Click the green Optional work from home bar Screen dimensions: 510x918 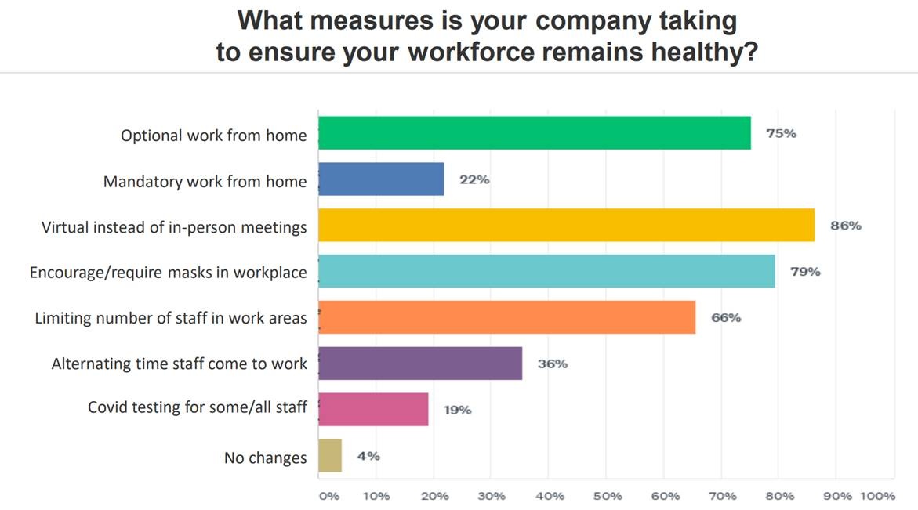click(x=534, y=133)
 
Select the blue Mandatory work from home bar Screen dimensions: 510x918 click(x=381, y=179)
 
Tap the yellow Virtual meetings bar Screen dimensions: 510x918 click(x=566, y=226)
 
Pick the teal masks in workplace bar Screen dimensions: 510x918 click(x=546, y=271)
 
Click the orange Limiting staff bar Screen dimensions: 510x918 click(x=506, y=317)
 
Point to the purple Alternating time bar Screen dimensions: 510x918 click(x=420, y=364)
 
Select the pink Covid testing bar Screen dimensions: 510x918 click(x=373, y=410)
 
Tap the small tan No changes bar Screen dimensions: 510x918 click(x=330, y=456)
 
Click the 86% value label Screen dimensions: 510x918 click(x=846, y=226)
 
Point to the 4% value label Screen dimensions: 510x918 click(x=368, y=456)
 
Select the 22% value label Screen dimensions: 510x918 click(x=474, y=179)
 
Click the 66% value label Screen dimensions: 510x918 click(x=725, y=317)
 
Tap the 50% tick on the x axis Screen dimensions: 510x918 click(x=608, y=496)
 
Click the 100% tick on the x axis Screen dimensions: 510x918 click(x=877, y=496)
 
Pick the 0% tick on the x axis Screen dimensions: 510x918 click(x=328, y=496)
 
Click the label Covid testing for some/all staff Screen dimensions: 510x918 click(x=197, y=407)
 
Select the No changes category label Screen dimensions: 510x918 click(x=265, y=458)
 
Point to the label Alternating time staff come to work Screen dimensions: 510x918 click(x=179, y=364)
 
